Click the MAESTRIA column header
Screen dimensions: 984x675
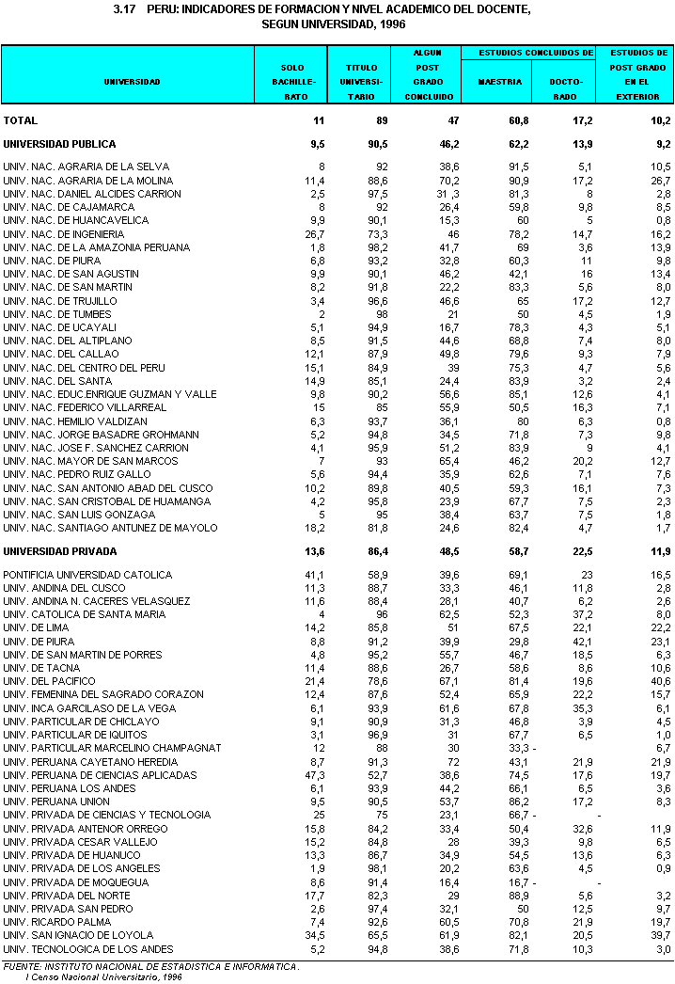(499, 82)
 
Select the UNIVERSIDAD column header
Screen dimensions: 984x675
(132, 82)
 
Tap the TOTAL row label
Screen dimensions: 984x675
(21, 120)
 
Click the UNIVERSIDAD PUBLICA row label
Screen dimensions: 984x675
(60, 144)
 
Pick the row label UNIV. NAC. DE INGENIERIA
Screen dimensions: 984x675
(64, 233)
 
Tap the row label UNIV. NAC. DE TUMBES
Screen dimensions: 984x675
(57, 314)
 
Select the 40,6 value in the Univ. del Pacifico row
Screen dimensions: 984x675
(660, 681)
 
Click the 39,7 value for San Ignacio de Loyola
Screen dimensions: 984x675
(660, 935)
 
